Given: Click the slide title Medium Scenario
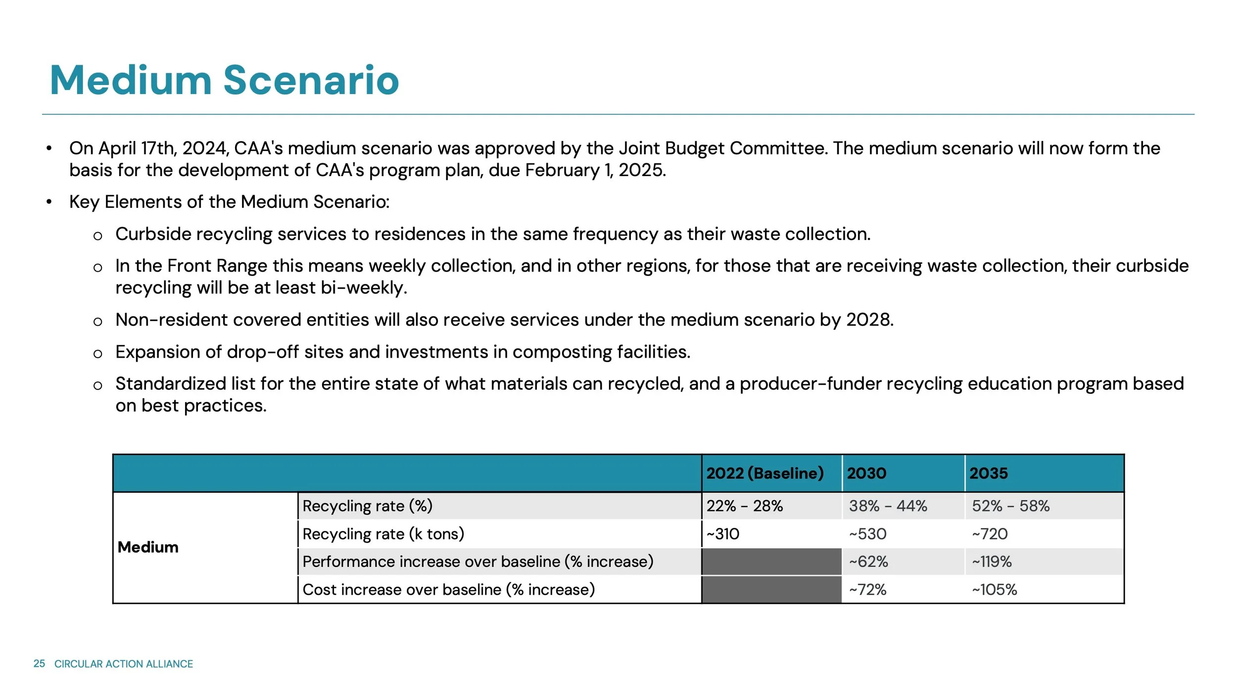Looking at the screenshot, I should coord(224,80).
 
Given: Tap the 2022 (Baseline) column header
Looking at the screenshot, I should coord(764,473).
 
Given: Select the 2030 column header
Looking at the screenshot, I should coord(866,473).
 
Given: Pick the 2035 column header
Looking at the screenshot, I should coord(988,473).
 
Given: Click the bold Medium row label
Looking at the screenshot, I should coord(148,547).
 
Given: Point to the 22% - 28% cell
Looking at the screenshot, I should coord(744,506).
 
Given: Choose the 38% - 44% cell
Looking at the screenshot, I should coord(888,506).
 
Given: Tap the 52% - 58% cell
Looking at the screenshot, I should coord(1010,506).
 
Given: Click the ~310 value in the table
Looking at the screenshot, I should coord(723,534).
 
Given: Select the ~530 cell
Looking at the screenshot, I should coord(868,534).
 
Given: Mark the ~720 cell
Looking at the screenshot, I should coord(990,534).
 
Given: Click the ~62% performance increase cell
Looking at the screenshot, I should coord(868,562).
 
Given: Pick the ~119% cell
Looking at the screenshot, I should coord(992,562).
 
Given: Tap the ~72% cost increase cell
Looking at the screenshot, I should coord(867,590).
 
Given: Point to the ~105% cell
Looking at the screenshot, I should coord(994,590).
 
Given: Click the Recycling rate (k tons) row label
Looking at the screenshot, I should coord(383,534).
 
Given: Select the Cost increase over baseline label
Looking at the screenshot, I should coord(448,590).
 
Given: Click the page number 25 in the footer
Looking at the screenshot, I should coord(39,664).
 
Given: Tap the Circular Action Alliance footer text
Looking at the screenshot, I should coord(124,664).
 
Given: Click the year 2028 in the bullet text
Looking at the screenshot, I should coord(869,320).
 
